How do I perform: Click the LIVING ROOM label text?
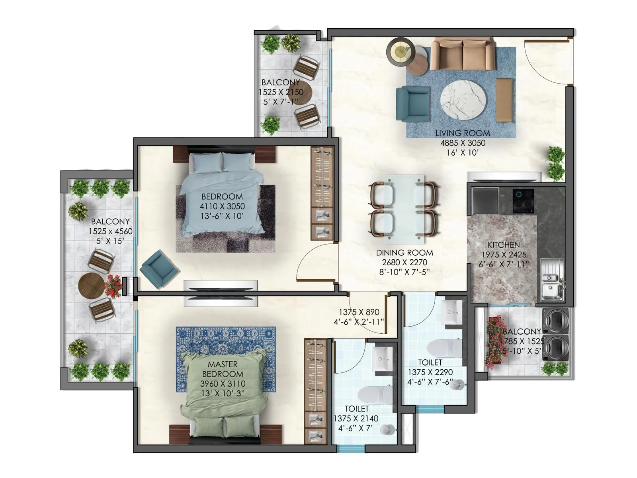462,133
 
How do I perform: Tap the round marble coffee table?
463,100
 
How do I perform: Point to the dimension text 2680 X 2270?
404,263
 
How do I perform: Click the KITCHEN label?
504,245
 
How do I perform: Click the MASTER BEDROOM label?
223,369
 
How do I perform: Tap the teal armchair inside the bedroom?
159,269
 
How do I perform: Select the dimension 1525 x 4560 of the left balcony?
111,231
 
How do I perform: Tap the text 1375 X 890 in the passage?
359,313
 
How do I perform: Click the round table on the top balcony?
301,92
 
